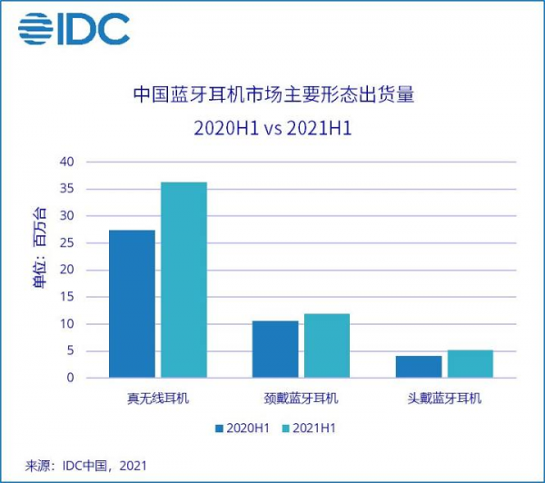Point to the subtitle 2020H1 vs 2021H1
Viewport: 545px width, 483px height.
(x=272, y=128)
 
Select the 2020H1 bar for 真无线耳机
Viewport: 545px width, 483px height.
(x=132, y=304)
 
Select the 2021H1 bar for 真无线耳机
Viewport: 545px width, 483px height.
(x=183, y=280)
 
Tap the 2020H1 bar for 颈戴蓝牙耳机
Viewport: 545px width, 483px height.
(x=274, y=350)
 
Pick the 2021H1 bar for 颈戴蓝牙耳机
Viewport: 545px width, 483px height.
(x=327, y=346)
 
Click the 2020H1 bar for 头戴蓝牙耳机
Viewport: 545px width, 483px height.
(x=418, y=367)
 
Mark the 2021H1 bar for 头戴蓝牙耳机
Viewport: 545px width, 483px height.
(x=470, y=364)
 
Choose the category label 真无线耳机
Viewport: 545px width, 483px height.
(x=158, y=399)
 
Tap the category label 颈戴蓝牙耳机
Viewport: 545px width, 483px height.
(x=301, y=399)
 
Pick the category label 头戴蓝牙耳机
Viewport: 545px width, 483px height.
(x=444, y=399)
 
